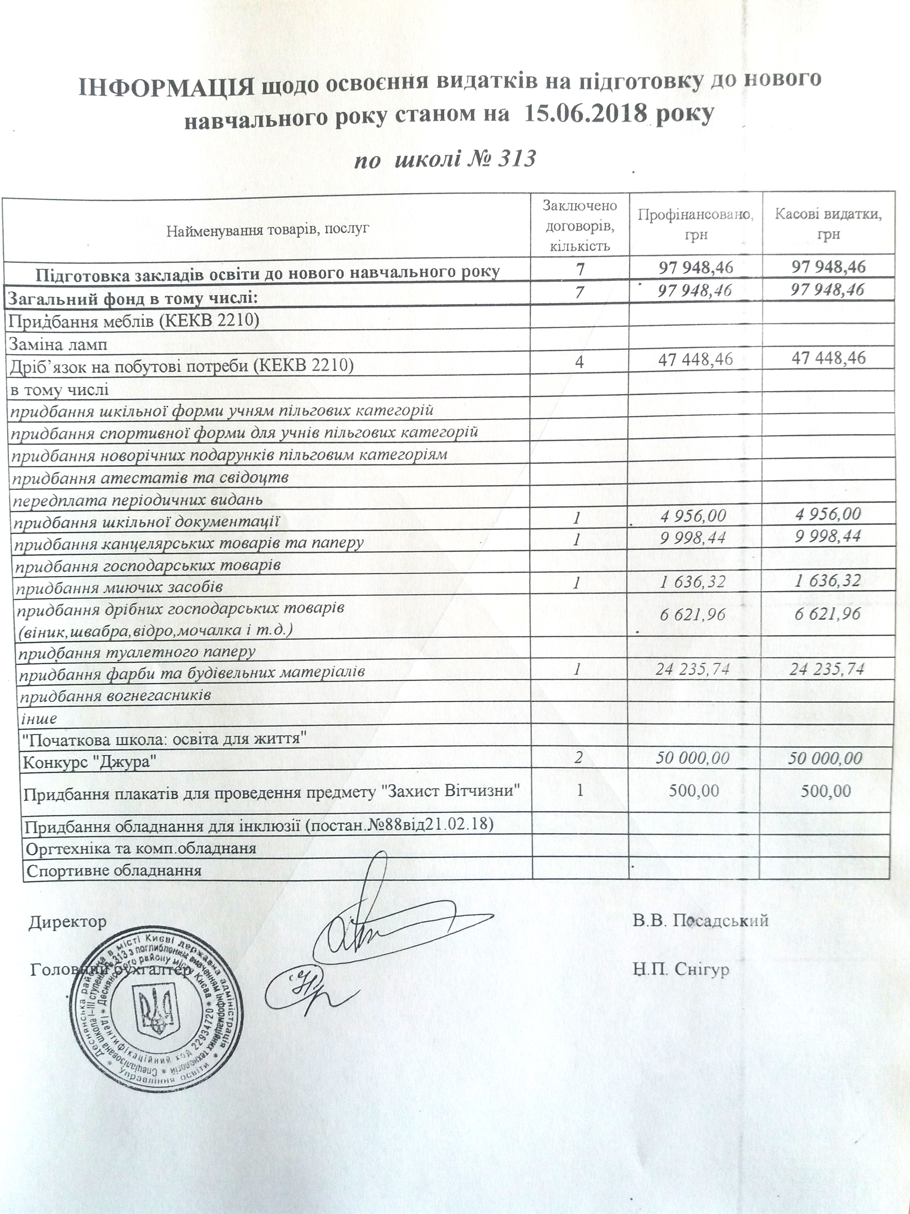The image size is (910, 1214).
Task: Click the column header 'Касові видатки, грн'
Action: pyautogui.click(x=828, y=224)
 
